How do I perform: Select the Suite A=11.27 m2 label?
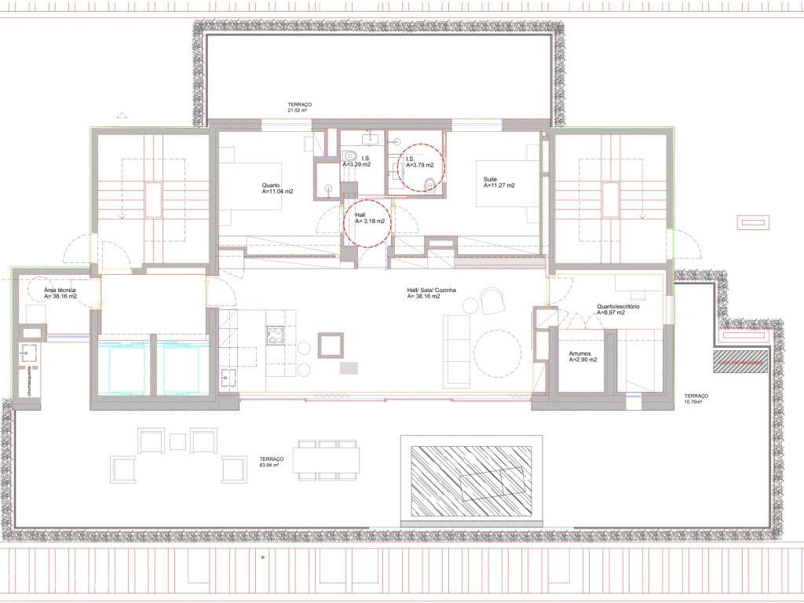pyautogui.click(x=499, y=183)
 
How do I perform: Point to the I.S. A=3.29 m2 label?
pyautogui.click(x=356, y=162)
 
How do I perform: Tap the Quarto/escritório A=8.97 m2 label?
pyautogui.click(x=618, y=309)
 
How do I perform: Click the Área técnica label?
pyautogui.click(x=60, y=293)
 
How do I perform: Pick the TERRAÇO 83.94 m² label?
pyautogui.click(x=271, y=461)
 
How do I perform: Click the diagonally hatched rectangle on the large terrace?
pyautogui.click(x=470, y=478)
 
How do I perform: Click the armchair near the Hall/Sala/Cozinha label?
pyautogui.click(x=492, y=300)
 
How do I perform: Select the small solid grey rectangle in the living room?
pyautogui.click(x=348, y=367)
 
